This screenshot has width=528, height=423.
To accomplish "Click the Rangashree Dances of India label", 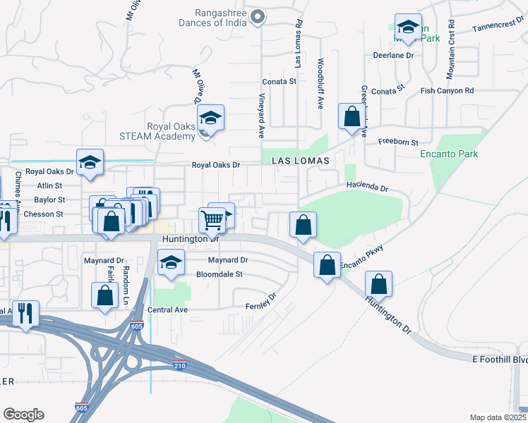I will [221, 17].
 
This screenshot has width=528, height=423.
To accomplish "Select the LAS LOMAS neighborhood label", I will [301, 161].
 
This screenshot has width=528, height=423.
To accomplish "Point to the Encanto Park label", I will [449, 154].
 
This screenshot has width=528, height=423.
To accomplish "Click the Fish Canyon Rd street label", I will [447, 91].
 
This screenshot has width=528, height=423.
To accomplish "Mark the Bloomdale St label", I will [219, 274].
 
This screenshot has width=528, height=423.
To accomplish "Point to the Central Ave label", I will [167, 309].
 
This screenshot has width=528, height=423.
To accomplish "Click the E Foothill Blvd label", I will [500, 360].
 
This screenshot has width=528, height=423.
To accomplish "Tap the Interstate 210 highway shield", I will [180, 364].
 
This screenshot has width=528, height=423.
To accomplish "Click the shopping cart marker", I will [212, 219].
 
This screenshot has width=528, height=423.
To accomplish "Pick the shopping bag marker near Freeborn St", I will [351, 116].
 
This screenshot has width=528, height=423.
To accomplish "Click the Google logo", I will [23, 415].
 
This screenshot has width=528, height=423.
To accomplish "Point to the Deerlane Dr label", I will [392, 55].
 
